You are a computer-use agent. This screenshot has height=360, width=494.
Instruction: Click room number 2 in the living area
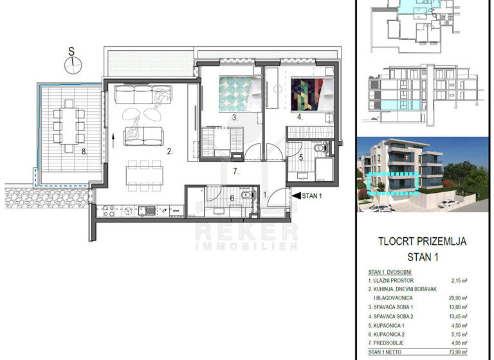tap(169, 152)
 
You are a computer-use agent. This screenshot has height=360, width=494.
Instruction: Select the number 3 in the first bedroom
tap(235, 118)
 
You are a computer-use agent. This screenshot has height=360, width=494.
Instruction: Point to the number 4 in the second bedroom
tap(299, 118)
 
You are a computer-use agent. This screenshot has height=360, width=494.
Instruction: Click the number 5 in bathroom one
tap(300, 156)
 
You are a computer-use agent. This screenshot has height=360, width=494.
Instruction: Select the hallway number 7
tap(236, 171)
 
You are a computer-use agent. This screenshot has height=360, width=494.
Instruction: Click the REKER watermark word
tap(246, 231)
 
